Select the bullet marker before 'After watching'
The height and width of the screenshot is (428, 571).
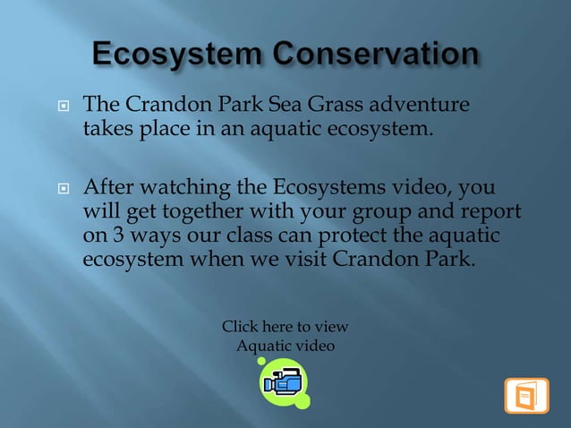(x=63, y=189)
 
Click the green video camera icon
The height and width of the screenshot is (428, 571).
(x=284, y=382)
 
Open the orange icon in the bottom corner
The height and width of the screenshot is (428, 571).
(x=526, y=396)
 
